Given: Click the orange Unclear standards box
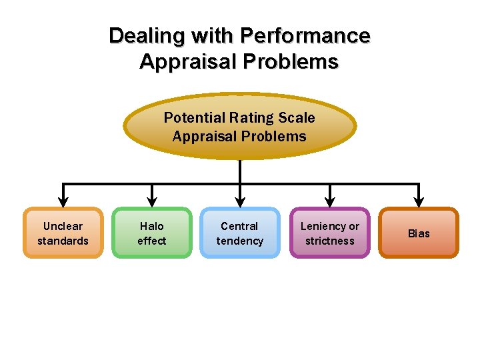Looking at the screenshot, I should (x=63, y=233).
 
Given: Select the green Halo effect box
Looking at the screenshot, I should (x=152, y=233).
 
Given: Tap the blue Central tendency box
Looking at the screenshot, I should (x=240, y=233).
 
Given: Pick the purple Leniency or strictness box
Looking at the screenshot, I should (x=329, y=233).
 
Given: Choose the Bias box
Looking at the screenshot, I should (x=419, y=233).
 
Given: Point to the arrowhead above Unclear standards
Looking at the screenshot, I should (x=63, y=200).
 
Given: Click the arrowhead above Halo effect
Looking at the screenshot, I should (x=152, y=200).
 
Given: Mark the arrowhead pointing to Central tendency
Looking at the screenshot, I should (x=240, y=200).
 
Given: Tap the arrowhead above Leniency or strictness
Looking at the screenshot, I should (x=329, y=200).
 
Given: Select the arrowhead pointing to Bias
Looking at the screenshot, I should (x=419, y=200).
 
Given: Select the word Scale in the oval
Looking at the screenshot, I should (x=297, y=118).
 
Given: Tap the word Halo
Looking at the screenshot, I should (x=152, y=226).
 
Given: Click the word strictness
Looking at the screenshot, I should (x=330, y=241).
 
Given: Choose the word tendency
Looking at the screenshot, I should (x=240, y=241).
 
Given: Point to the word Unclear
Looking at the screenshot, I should (x=63, y=226).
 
